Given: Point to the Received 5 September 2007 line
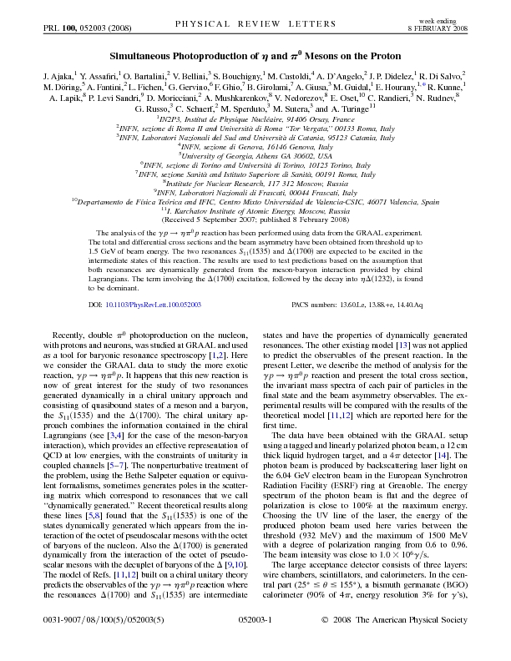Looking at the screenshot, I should tap(255, 220).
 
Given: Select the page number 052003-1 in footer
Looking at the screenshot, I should tap(255, 643).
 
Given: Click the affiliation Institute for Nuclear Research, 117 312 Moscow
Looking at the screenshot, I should tap(255, 181).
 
